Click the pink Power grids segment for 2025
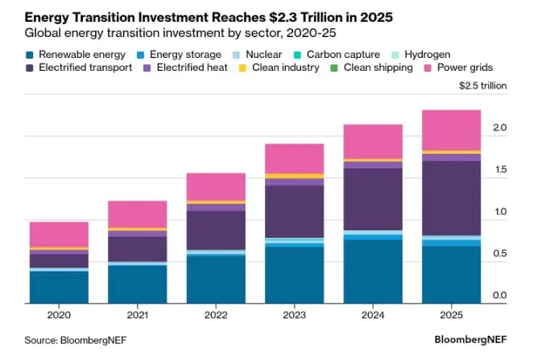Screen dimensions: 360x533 [452, 130]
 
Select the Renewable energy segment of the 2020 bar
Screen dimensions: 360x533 [59, 287]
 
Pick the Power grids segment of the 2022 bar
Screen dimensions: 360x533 [216, 186]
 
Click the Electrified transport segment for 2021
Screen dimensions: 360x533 [138, 249]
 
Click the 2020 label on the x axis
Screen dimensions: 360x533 [59, 316]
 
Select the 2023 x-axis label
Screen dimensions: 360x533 [295, 316]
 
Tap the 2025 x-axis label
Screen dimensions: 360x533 [452, 316]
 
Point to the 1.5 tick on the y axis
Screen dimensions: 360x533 [499, 170]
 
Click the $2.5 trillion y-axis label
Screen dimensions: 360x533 [482, 85]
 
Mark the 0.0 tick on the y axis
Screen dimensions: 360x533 [499, 296]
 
